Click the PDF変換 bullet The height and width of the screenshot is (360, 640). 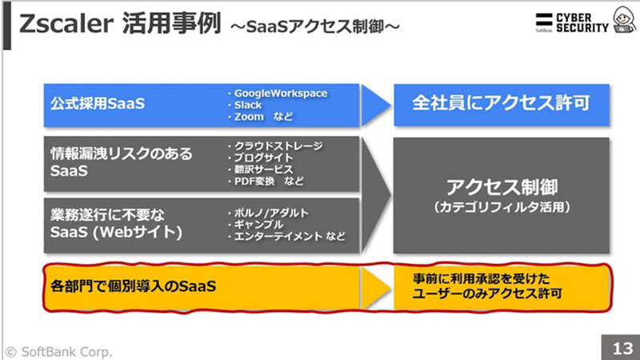click(x=264, y=182)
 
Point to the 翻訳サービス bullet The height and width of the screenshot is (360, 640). click(x=263, y=170)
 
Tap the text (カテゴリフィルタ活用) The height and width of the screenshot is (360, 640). click(x=502, y=207)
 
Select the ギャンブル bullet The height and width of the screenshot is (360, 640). click(x=258, y=225)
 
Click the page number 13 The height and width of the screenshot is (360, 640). click(x=621, y=349)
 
